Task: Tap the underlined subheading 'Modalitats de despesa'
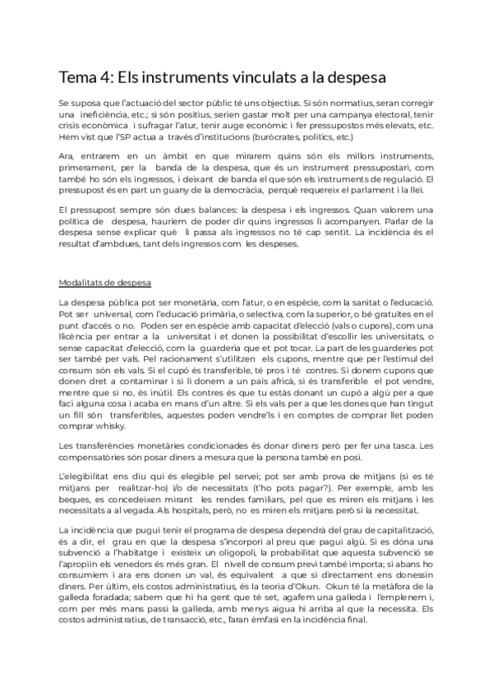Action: (x=104, y=284)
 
